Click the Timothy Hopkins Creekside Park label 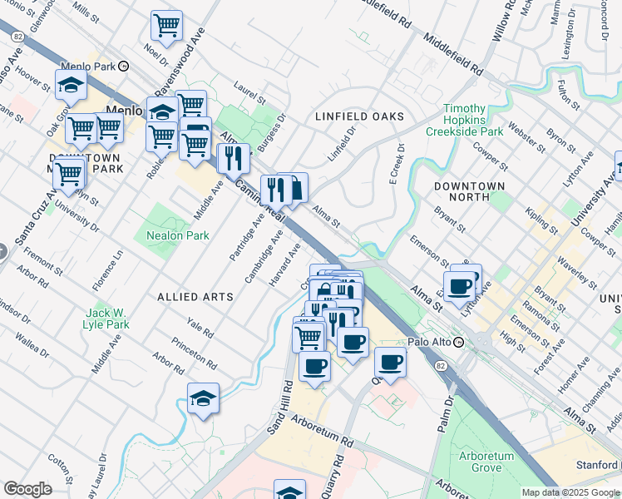tap(464, 120)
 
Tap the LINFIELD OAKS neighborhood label tap(359, 116)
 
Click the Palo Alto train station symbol tap(458, 342)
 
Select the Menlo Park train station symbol tap(124, 66)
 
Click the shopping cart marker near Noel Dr tap(166, 26)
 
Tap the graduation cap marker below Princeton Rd tap(203, 399)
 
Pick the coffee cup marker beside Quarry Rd tap(390, 362)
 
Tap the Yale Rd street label tap(200, 328)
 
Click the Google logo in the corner tap(27, 489)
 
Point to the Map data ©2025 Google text tap(571, 492)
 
